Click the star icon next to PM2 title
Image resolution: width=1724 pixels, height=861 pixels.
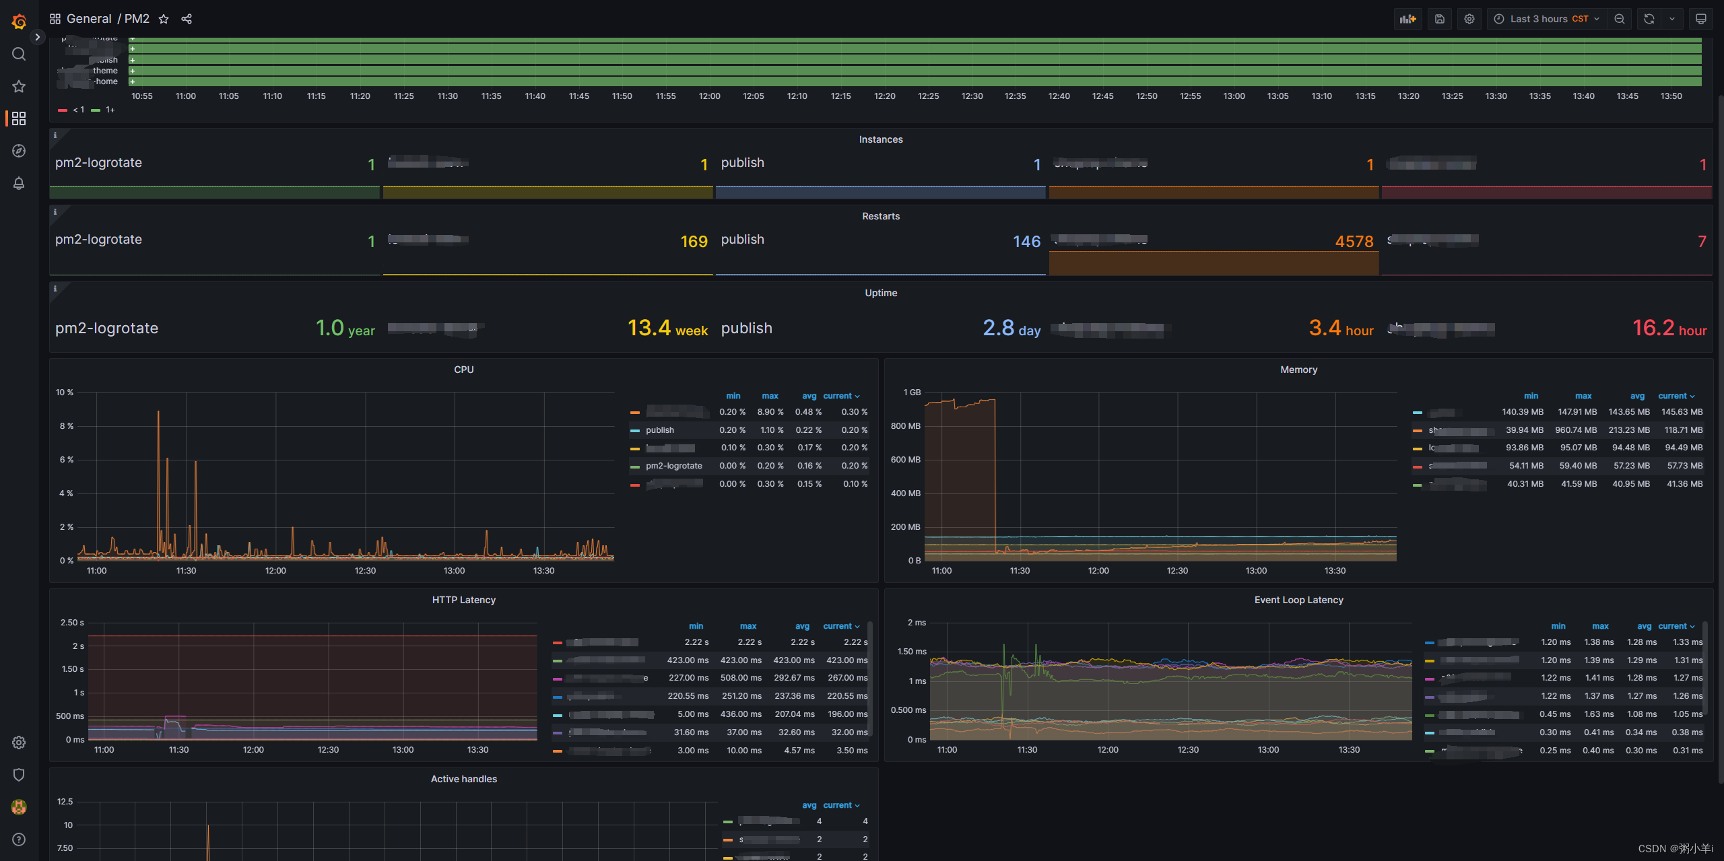coord(164,19)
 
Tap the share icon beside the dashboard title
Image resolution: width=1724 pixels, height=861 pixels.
coord(187,19)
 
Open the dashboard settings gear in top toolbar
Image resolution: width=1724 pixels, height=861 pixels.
coord(1469,19)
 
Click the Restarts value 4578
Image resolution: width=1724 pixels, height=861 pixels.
coord(1354,242)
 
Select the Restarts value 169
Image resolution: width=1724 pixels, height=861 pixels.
coord(694,242)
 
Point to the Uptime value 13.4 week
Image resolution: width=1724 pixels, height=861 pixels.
coord(667,329)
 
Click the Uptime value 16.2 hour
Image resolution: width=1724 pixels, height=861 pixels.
coord(1669,329)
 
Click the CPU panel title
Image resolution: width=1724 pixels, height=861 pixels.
coord(463,370)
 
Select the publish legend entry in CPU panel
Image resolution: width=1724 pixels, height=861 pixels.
coord(659,430)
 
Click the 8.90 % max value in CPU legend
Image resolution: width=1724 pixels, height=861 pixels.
coord(770,412)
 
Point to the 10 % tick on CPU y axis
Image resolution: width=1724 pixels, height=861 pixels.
coord(65,392)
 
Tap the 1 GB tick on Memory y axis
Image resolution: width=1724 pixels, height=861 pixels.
coord(912,392)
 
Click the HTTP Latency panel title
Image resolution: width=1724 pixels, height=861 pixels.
coord(463,600)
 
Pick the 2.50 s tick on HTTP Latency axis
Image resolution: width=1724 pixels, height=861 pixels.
coord(72,623)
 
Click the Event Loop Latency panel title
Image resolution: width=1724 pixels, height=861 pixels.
coord(1298,600)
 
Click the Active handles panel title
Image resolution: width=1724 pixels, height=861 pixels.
coord(463,779)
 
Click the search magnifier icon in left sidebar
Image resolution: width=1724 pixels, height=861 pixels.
coord(19,54)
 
